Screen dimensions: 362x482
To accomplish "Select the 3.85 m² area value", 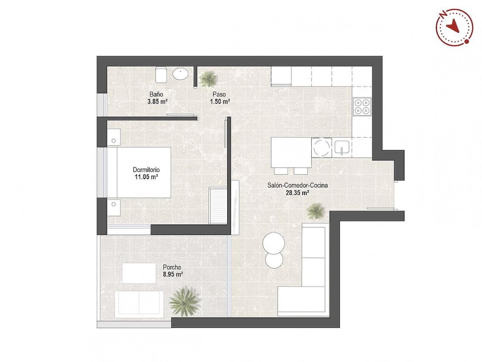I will [157, 101].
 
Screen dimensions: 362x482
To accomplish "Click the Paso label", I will [219, 94].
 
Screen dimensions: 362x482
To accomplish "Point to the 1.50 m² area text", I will [220, 101].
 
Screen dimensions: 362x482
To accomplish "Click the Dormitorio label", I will [146, 170].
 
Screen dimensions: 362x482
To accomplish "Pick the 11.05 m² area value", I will [146, 176].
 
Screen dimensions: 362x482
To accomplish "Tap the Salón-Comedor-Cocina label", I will [297, 185].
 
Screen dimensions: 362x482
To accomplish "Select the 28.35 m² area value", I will [297, 192].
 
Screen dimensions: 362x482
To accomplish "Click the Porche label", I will [172, 267].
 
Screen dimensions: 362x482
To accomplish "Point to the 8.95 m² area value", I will [173, 275].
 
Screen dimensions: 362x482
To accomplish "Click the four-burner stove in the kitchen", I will [362, 106].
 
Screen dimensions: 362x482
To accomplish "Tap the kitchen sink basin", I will [342, 147].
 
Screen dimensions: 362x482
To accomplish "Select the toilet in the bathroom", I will [161, 74].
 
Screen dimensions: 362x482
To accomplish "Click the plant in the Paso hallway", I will [207, 78].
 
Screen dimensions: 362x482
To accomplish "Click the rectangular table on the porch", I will [139, 272].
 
